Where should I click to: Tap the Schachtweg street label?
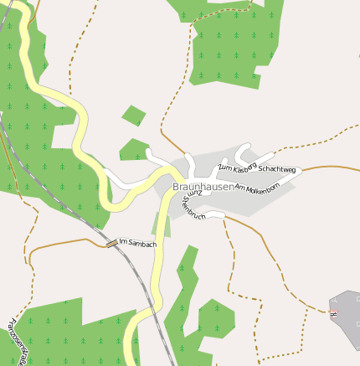click(x=277, y=169)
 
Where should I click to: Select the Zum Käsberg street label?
click(x=236, y=167)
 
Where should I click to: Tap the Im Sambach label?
click(x=138, y=242)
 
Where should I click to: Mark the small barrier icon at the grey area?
click(x=333, y=314)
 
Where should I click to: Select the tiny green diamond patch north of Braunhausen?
click(x=134, y=114)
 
